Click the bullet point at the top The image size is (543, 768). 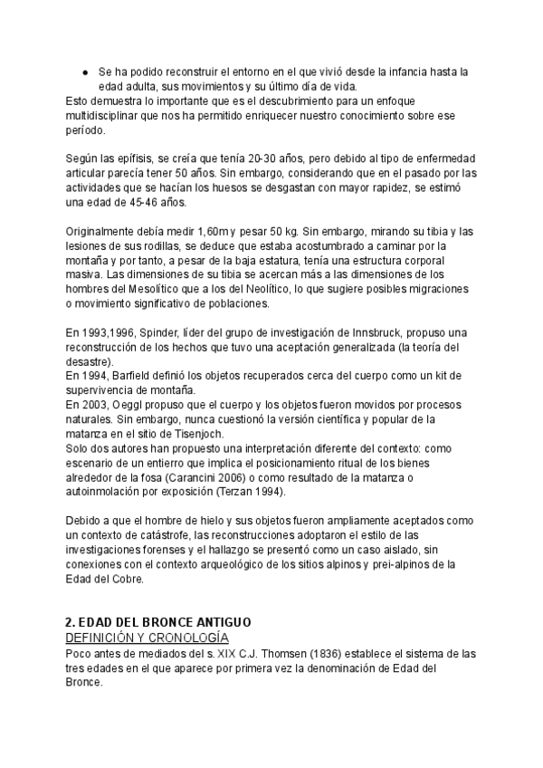[x=84, y=71]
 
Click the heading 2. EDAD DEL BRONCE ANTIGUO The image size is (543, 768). [x=157, y=624]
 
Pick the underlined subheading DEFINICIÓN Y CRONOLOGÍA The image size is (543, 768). [x=147, y=638]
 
